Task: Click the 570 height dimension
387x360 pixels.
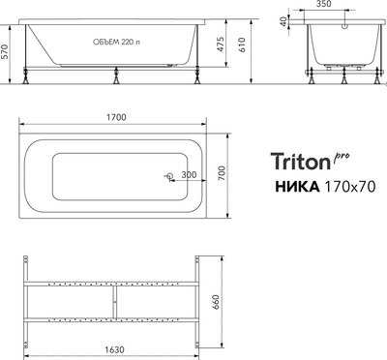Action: pos(8,54)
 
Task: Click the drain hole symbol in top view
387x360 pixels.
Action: pos(167,176)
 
